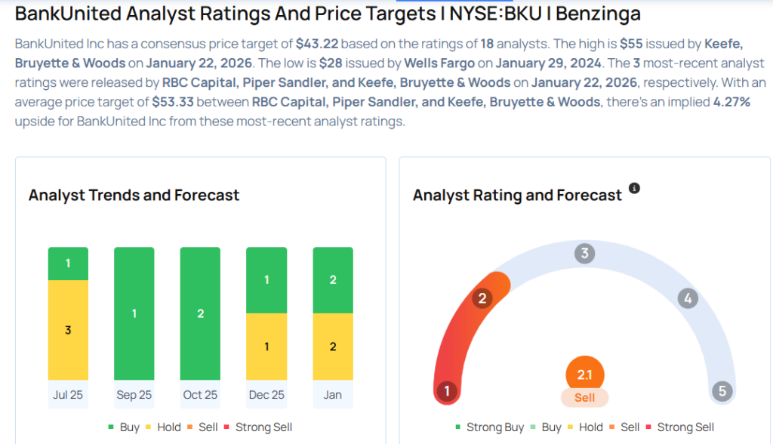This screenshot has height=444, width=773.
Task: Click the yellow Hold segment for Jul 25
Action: (68, 330)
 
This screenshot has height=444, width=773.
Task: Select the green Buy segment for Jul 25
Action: (68, 264)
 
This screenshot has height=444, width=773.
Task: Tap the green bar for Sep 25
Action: (134, 313)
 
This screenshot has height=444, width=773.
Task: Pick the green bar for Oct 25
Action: (200, 313)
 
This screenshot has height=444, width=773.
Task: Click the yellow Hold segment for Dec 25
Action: (266, 347)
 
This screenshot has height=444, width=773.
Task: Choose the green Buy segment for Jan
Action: (333, 280)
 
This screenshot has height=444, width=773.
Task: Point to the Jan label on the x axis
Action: (333, 395)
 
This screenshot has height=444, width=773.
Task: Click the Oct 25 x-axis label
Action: (200, 395)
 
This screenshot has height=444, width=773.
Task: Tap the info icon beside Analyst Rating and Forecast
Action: (634, 188)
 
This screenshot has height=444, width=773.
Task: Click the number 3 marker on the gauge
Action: (584, 253)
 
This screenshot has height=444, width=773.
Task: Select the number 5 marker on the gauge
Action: (722, 391)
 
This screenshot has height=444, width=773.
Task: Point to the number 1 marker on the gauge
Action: (447, 391)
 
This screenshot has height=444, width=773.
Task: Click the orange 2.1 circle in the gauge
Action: (584, 375)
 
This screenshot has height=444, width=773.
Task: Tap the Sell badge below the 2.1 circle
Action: (584, 398)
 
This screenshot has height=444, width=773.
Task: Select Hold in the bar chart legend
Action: (168, 427)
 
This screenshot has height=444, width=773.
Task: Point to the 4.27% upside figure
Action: (731, 102)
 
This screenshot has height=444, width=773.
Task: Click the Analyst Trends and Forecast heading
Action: (134, 195)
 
